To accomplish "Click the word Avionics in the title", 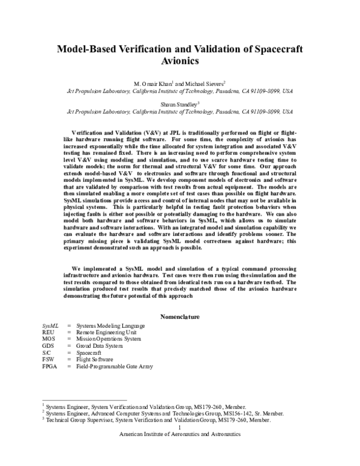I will (x=180, y=61).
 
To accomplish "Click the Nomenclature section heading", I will (x=180, y=316).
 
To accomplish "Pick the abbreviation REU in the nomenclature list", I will (x=48, y=331).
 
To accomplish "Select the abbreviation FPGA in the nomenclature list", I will (x=50, y=366).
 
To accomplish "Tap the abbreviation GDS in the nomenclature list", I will (x=48, y=345).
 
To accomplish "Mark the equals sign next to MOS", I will (x=70, y=338).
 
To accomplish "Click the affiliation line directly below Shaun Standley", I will (x=180, y=111).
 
